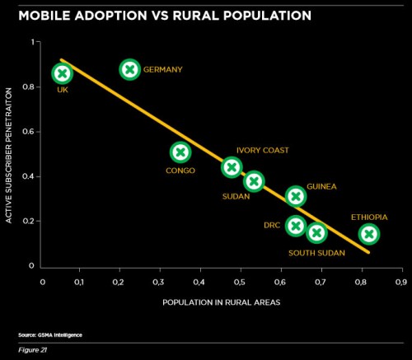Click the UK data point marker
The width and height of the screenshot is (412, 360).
pos(63,73)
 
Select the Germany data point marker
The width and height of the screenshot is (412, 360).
pos(130,69)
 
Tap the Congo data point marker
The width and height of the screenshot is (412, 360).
pos(180,152)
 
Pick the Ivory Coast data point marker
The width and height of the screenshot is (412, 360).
pos(232,167)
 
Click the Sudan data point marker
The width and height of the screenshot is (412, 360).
pos(254,181)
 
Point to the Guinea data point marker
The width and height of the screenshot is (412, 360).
pos(296,196)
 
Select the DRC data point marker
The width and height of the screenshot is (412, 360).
pos(296,226)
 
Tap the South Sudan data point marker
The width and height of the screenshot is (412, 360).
pos(316,233)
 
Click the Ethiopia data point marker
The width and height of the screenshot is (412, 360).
pos(369,234)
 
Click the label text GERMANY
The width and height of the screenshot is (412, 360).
pos(163,69)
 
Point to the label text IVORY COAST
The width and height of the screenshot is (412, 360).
pos(263,150)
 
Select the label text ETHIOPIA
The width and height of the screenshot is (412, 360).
pos(369,217)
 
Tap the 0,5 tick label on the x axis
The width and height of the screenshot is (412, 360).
pos(240,282)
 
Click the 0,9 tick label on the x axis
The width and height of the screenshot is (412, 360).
pos(401,282)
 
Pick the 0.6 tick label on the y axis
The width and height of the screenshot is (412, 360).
pos(27,131)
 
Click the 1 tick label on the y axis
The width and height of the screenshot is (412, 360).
pos(33,42)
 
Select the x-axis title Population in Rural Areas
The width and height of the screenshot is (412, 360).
pos(222,302)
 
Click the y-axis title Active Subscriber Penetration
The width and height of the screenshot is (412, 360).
pos(9,156)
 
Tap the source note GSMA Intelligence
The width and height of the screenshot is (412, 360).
pos(50,335)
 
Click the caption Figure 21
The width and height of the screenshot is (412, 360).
pos(32,350)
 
